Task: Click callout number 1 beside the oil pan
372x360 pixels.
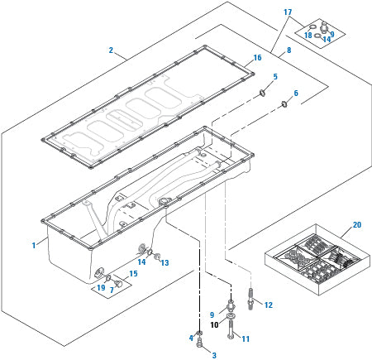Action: point(33,245)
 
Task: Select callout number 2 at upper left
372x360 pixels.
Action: point(111,50)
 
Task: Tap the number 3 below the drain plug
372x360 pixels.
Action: point(213,354)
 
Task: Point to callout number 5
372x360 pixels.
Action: point(275,76)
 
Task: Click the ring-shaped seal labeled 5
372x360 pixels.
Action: point(263,93)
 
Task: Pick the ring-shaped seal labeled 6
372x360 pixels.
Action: point(284,103)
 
